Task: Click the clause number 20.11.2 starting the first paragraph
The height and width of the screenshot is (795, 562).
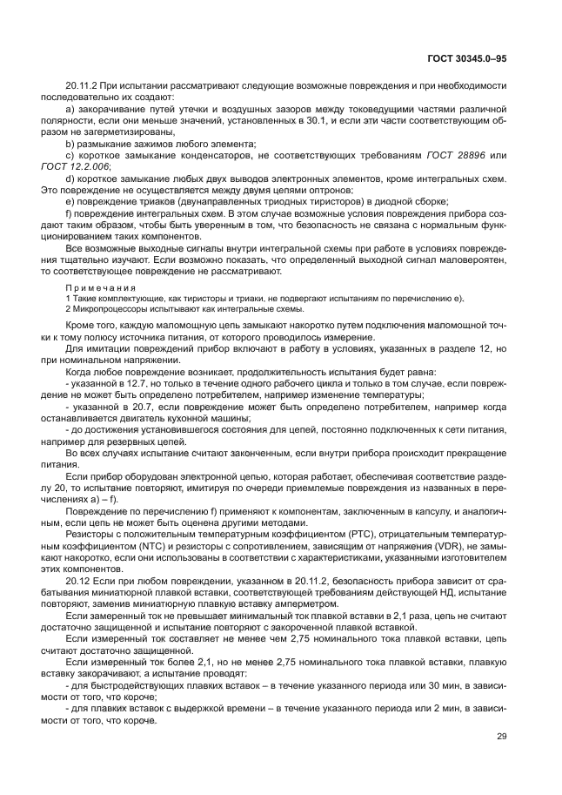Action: click(x=82, y=89)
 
